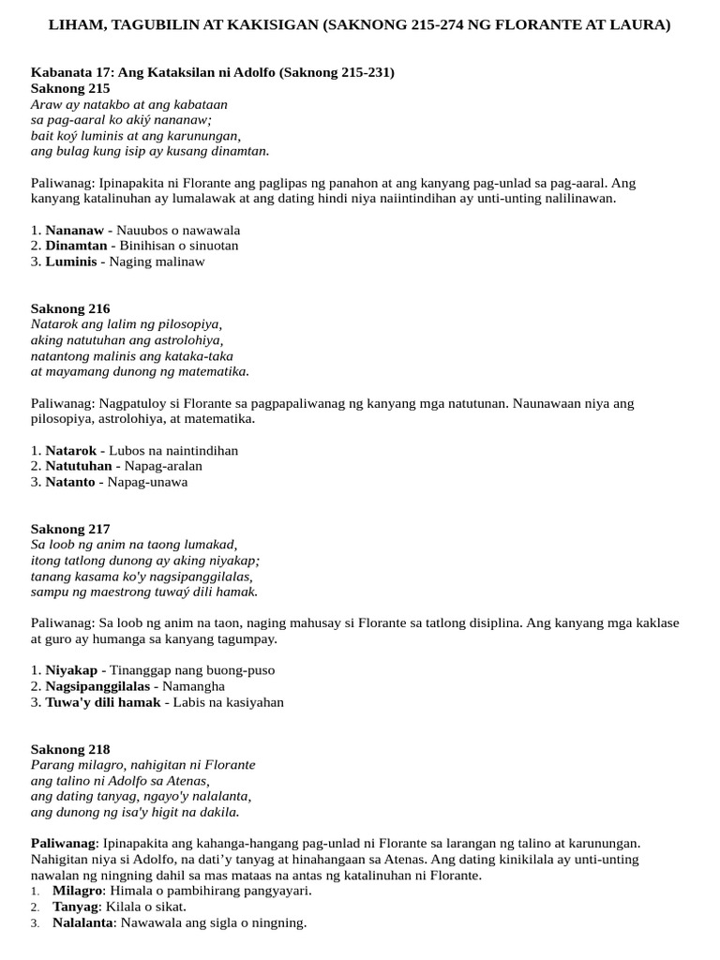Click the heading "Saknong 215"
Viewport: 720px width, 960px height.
pos(70,88)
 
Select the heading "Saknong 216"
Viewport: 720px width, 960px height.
pos(70,308)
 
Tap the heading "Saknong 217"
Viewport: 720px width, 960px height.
pos(70,529)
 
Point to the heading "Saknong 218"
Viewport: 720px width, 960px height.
pos(70,749)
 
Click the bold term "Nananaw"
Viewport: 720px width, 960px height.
pos(71,230)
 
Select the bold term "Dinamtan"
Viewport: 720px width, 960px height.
pos(76,246)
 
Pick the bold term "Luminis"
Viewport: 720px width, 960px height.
pos(71,262)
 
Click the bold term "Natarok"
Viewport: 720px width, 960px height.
pos(71,450)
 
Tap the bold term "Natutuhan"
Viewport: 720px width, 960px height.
pos(80,466)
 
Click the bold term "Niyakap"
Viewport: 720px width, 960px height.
pos(73,670)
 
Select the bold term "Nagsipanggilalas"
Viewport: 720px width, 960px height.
pos(97,686)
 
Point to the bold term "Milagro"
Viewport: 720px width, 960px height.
pos(78,891)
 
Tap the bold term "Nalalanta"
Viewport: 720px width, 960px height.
pos(82,922)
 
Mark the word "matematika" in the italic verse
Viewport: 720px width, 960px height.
pos(214,371)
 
